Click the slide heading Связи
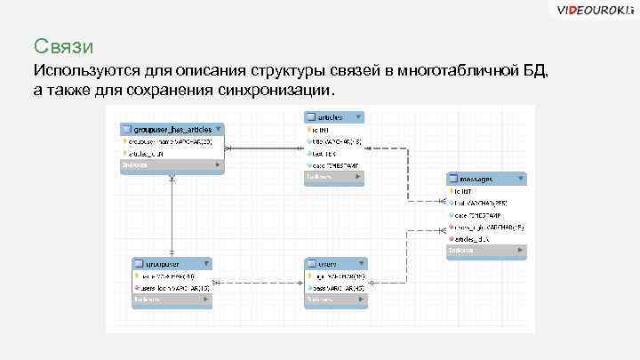click(x=63, y=45)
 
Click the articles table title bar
click(x=333, y=116)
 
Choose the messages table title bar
click(x=486, y=178)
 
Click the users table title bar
click(x=334, y=264)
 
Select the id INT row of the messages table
click(x=466, y=190)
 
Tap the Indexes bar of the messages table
click(x=486, y=251)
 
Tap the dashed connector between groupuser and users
click(x=258, y=284)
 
